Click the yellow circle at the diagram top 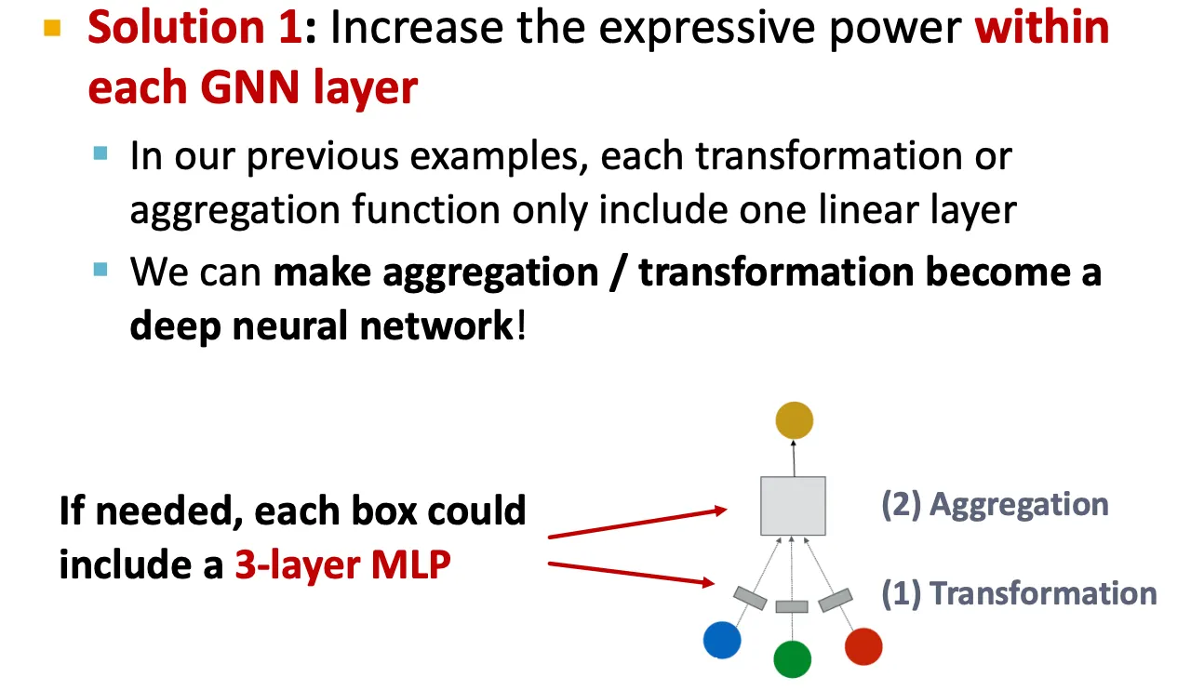point(794,420)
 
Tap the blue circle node point(722,640)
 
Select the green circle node point(793,659)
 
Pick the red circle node point(863,646)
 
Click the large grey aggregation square point(793,506)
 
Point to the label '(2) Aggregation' point(995,505)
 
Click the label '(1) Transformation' point(1019,593)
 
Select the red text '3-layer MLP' point(342,564)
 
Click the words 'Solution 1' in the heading point(195,29)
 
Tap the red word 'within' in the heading point(1042,29)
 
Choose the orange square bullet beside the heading point(52,29)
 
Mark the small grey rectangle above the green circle point(792,606)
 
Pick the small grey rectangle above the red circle point(836,601)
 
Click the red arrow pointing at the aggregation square point(636,523)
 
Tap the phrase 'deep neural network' point(321,326)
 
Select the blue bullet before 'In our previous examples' point(101,153)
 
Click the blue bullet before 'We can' point(101,271)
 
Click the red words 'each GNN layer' point(252,88)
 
